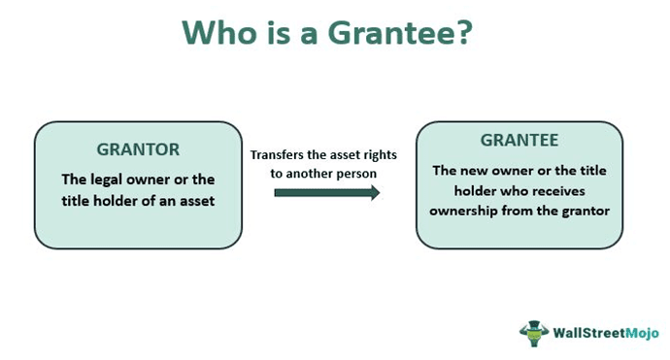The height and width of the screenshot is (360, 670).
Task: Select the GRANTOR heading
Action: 138,150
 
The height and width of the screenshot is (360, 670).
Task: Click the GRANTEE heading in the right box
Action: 519,143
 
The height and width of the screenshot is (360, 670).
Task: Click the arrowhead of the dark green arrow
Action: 374,192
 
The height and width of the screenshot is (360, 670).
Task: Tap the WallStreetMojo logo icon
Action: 533,332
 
